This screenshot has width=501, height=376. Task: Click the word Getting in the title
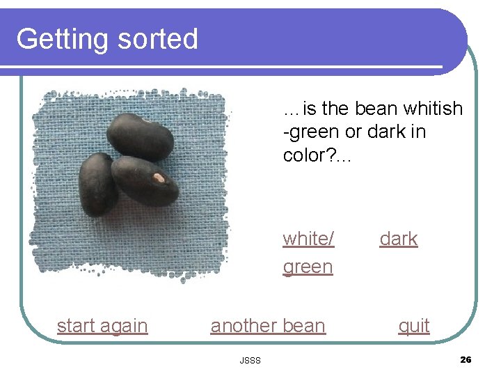click(x=61, y=39)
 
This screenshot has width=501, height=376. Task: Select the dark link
click(x=399, y=239)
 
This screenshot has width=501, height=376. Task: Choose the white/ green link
click(x=308, y=252)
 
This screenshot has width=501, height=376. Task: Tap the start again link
click(x=102, y=326)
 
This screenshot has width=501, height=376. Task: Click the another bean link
click(x=268, y=326)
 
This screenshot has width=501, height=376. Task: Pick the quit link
click(x=414, y=326)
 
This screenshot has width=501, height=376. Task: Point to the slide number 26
click(x=466, y=359)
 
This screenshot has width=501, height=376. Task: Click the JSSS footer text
click(x=250, y=360)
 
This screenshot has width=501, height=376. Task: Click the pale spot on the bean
click(x=159, y=178)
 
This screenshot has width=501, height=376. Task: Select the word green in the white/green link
click(x=308, y=267)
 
